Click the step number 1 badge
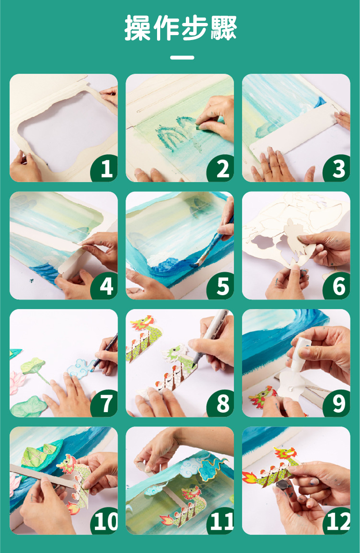point(104,168)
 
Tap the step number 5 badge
point(220,286)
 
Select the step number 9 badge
point(337,404)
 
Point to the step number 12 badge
point(337,521)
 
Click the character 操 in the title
point(138,27)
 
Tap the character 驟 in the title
point(224,27)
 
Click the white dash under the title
point(182,58)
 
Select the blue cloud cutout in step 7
point(81,368)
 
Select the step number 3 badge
point(337,168)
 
